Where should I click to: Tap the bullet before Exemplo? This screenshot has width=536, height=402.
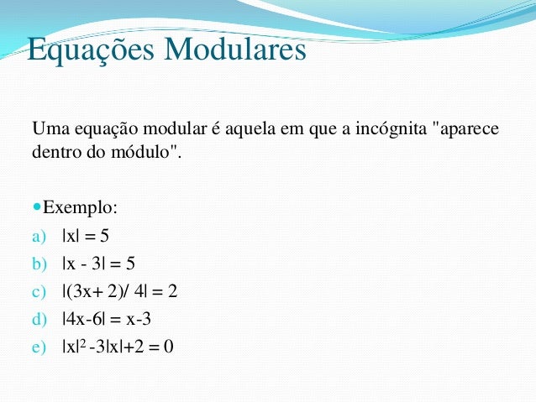37,206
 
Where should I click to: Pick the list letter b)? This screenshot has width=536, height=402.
39,264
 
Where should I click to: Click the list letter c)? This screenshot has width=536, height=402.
39,292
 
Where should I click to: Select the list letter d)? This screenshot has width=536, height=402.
39,319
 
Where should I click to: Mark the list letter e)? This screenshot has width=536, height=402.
39,346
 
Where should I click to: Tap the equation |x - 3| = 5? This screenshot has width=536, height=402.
98,264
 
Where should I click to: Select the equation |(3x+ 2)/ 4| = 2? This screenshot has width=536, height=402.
119,292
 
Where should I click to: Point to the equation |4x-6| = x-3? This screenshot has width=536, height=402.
106,319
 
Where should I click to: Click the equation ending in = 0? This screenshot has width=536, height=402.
118,345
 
